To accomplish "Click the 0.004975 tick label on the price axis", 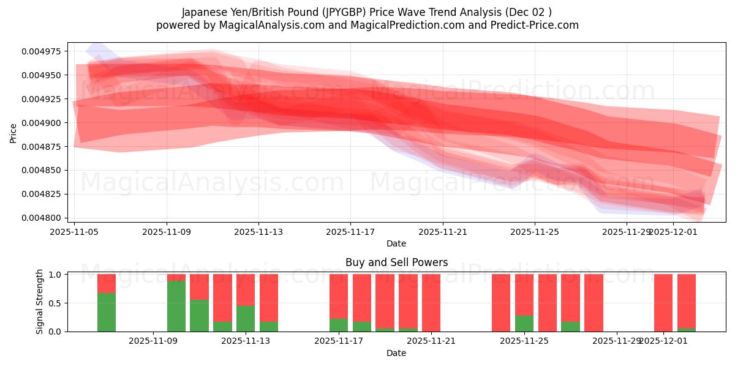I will (x=42, y=51).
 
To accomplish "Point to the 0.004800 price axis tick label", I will (x=42, y=218).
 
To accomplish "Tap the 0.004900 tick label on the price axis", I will (x=42, y=123).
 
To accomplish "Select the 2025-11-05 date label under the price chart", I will (x=75, y=232).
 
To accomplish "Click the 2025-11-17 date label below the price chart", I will (x=350, y=232).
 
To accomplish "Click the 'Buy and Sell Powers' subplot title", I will (x=396, y=262).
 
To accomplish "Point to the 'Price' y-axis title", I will (x=13, y=133).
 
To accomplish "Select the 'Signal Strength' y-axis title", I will (x=40, y=302).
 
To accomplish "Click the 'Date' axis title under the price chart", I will (x=396, y=243).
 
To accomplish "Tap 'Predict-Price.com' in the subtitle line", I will (x=539, y=25).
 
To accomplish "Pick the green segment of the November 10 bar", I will (x=199, y=316).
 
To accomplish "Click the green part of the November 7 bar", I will (x=107, y=312).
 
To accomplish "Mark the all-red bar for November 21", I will (x=431, y=303).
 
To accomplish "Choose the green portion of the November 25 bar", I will (x=524, y=324).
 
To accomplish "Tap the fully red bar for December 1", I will (x=663, y=303).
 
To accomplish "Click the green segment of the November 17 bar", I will (x=339, y=325).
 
